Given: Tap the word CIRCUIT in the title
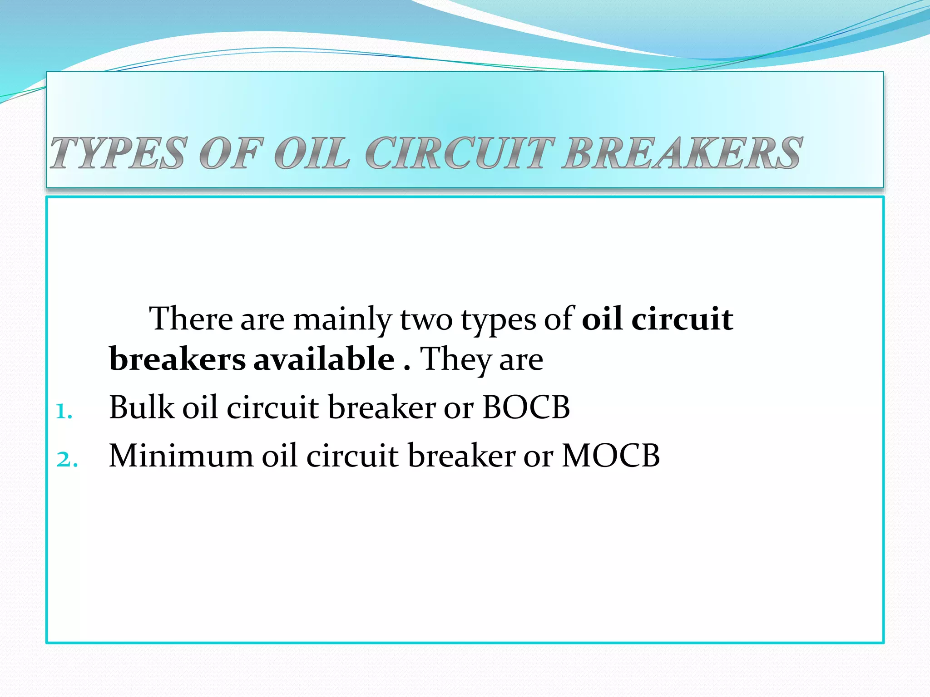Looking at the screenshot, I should (x=460, y=153).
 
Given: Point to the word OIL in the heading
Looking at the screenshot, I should (x=312, y=153).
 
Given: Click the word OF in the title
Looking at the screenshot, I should (x=231, y=153).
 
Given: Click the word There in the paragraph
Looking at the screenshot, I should (x=191, y=319).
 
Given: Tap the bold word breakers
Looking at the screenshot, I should (x=178, y=359).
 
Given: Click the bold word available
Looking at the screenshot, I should (x=324, y=359).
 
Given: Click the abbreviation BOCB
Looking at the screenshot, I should (x=526, y=407).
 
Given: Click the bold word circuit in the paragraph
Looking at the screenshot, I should (x=682, y=319).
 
